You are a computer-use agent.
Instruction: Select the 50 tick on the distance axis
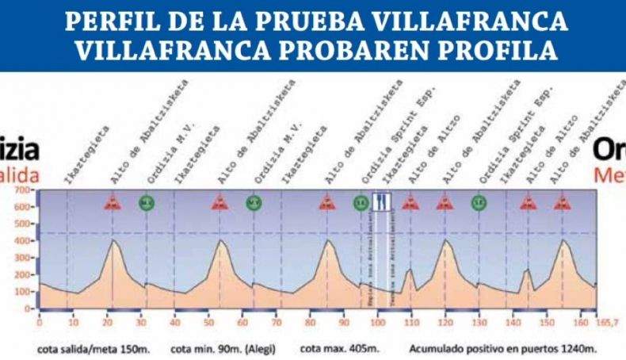click(208, 323)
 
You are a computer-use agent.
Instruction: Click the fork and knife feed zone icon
click(382, 202)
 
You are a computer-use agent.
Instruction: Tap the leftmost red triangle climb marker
click(113, 203)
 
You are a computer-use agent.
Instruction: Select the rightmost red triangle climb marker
click(563, 203)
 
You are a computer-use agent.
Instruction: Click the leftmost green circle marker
click(146, 202)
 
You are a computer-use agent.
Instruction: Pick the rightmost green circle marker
click(479, 202)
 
